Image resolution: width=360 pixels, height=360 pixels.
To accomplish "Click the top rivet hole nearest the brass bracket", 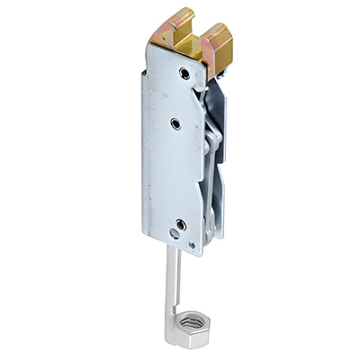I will pyautogui.click(x=184, y=73).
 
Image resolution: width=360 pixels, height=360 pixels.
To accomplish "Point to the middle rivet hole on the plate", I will pyautogui.click(x=175, y=123).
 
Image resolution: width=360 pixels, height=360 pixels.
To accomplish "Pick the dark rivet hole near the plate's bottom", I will pyautogui.click(x=181, y=224).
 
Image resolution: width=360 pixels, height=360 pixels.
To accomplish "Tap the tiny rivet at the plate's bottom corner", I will pyautogui.click(x=190, y=243).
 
